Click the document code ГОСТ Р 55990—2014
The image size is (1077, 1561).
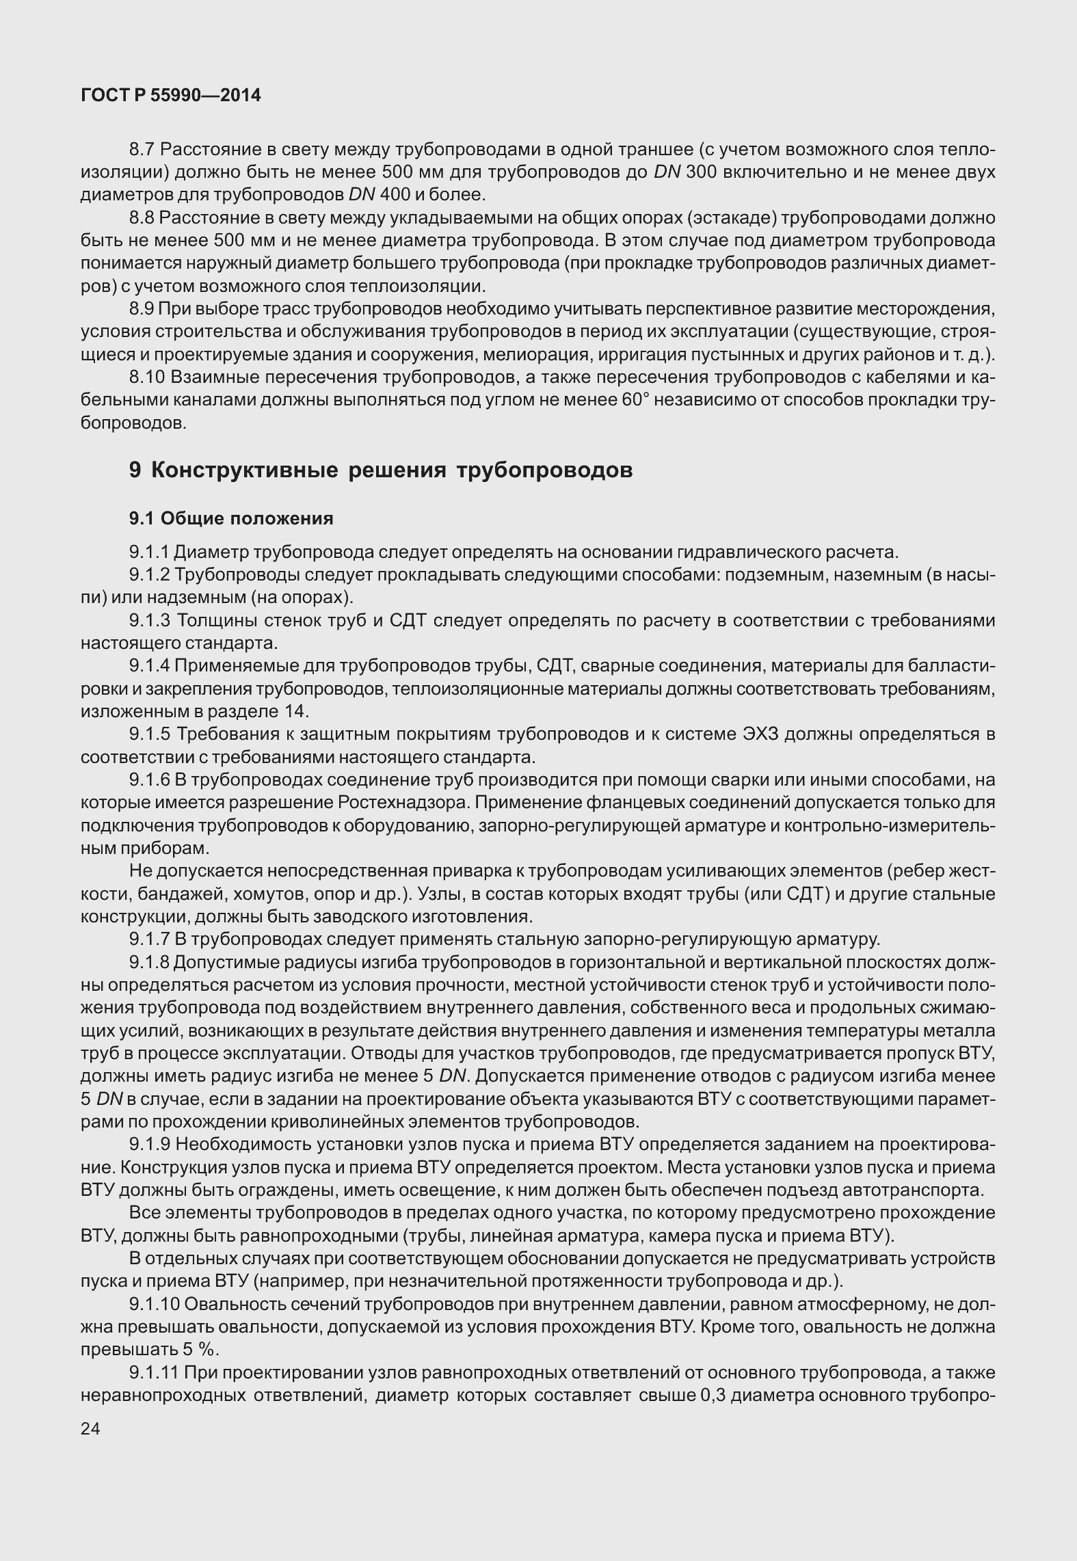click(171, 96)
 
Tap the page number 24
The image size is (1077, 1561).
click(90, 1428)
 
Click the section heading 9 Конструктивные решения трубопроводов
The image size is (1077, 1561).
click(380, 470)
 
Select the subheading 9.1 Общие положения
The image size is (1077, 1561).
click(231, 518)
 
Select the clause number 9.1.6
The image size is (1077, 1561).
click(150, 779)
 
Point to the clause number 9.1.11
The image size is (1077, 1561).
click(155, 1372)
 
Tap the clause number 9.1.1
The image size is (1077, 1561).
click(150, 551)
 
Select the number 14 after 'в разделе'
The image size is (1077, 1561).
click(295, 711)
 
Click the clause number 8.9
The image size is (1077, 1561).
click(142, 309)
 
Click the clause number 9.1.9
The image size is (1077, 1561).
click(150, 1144)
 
